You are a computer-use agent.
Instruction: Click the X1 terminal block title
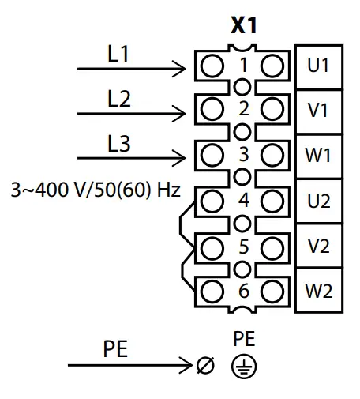pyautogui.click(x=243, y=26)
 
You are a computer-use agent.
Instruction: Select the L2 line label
pyautogui.click(x=118, y=100)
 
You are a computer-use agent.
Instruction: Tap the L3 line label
pyautogui.click(x=118, y=145)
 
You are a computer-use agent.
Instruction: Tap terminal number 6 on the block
pyautogui.click(x=243, y=291)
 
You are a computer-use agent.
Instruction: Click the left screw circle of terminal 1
pyautogui.click(x=212, y=66)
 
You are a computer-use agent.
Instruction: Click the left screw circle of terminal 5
pyautogui.click(x=212, y=246)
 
